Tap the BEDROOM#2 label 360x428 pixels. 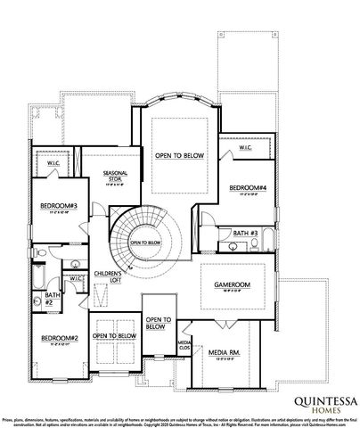(60, 338)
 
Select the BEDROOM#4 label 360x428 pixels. (248, 188)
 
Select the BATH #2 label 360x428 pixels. (52, 299)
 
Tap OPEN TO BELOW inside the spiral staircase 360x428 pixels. (145, 242)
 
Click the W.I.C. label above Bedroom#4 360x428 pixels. (245, 148)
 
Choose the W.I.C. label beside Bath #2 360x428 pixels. (77, 277)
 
